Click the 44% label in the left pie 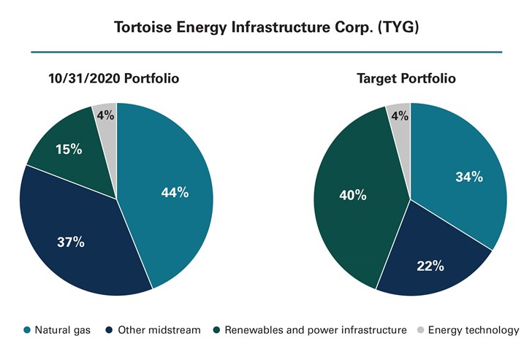[x=175, y=193]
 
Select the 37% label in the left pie [x=71, y=242]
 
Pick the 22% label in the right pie [x=430, y=266]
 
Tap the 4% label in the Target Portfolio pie [x=400, y=115]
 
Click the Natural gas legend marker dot [x=28, y=330]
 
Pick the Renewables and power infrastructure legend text [x=315, y=330]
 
